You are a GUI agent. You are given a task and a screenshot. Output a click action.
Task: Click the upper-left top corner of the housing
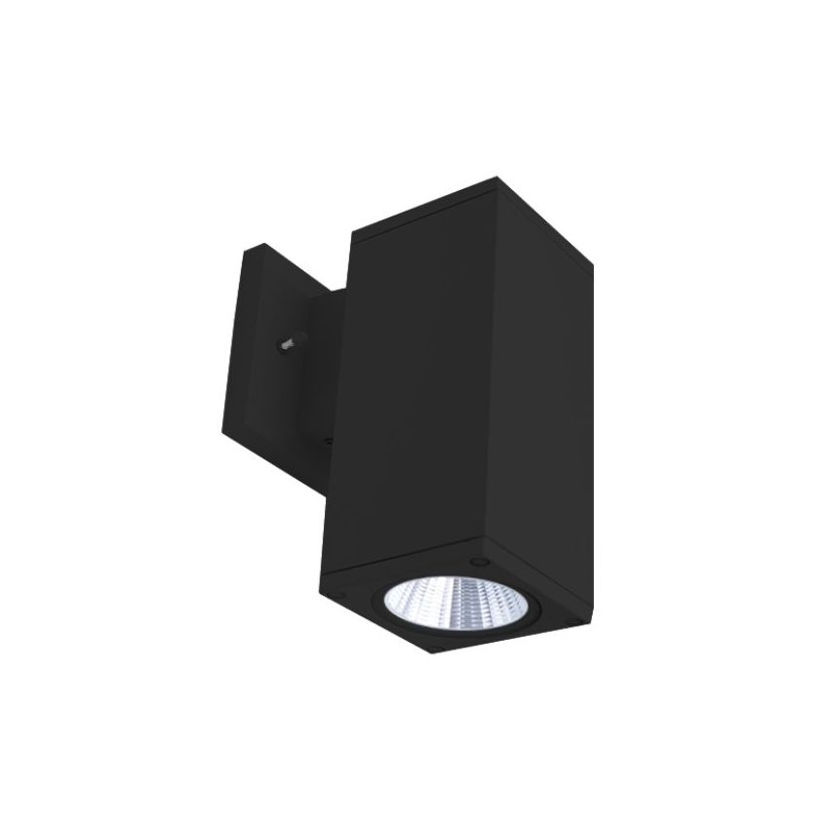[x=350, y=234]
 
